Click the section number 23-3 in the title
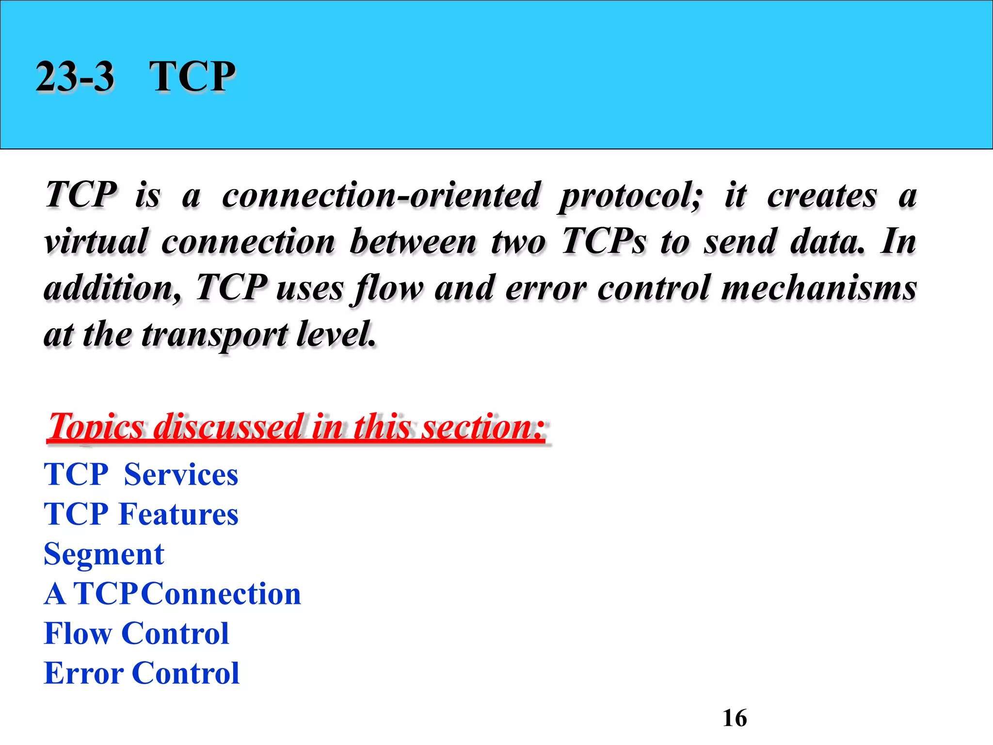[75, 77]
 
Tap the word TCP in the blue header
[192, 77]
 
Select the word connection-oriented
[381, 195]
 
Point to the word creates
[822, 195]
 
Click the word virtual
[96, 241]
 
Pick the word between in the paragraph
[413, 241]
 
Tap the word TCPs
[604, 241]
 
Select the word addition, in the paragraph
[112, 288]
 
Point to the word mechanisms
[819, 288]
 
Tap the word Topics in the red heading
[96, 427]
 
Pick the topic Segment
[104, 554]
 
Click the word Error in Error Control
[83, 673]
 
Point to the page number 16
[735, 718]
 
